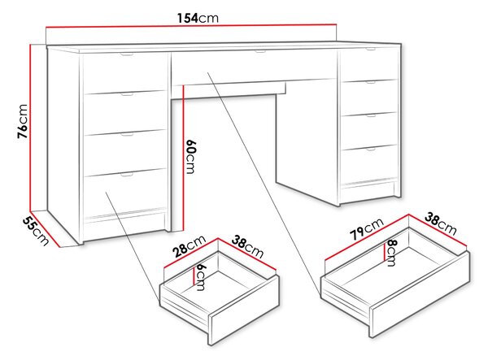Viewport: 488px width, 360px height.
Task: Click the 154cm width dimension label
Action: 198,18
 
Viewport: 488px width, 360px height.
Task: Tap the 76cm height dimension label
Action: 23,122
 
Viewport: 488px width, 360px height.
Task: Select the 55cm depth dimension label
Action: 36,231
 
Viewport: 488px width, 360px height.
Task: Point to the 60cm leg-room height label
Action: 190,157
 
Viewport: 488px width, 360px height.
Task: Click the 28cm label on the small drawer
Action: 190,246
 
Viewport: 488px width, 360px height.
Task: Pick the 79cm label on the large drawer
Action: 367,229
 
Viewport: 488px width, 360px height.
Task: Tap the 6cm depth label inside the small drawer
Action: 201,277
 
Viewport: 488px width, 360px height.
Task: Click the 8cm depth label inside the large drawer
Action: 391,253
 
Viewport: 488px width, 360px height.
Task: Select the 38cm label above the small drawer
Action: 247,247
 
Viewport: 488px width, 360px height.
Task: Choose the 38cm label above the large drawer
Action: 441,223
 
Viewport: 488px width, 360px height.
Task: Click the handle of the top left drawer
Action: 127,55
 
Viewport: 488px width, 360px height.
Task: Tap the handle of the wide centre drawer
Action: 260,52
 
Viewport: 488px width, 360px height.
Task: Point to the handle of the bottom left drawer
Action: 127,175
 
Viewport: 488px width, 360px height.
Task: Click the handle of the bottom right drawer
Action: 371,150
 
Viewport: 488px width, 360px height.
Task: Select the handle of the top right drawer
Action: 370,49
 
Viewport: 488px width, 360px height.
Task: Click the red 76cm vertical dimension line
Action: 31,128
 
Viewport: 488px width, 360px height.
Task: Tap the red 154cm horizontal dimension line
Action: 191,25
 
